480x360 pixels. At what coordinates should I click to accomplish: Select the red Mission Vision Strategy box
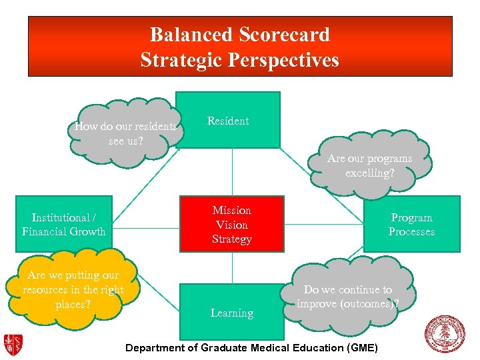(x=231, y=224)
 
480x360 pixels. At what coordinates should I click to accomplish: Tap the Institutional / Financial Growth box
(x=64, y=224)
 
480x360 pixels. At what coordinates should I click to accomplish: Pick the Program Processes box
(x=411, y=224)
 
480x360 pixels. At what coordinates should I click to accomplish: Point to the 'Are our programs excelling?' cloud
(x=370, y=165)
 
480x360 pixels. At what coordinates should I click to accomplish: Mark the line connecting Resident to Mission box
(x=231, y=171)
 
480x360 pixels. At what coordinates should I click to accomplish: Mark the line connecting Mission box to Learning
(x=231, y=267)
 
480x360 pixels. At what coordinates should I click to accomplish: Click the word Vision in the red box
(x=231, y=225)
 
